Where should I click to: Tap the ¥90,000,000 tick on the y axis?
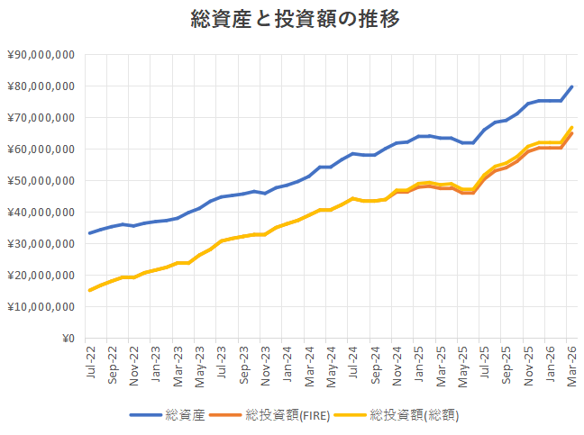pos(41,55)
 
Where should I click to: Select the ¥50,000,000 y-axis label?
pos(41,181)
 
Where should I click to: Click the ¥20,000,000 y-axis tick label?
pos(41,276)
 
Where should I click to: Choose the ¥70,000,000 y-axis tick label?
pos(41,118)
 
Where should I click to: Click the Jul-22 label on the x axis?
pos(90,359)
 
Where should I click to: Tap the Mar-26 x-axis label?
pos(572,359)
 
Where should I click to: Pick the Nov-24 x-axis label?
pos(397,359)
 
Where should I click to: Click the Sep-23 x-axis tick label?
pos(243,359)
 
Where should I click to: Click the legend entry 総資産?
pos(185,415)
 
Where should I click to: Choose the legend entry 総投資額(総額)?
pos(418,415)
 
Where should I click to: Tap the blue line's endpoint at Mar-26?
pos(572,86)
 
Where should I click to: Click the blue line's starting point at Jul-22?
pos(89,233)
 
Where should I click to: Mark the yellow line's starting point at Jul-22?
pos(89,290)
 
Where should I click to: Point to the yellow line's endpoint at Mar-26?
pos(572,128)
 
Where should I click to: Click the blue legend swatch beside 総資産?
pos(145,415)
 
